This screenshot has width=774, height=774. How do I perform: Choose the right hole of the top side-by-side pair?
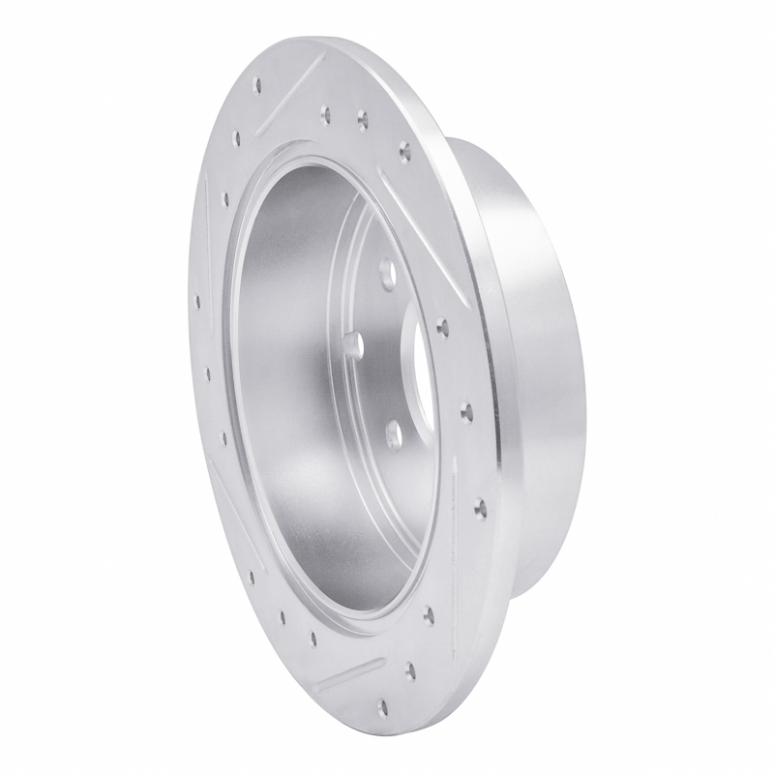tap(363, 121)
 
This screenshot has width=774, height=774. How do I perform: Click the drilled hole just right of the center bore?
tap(442, 326)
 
